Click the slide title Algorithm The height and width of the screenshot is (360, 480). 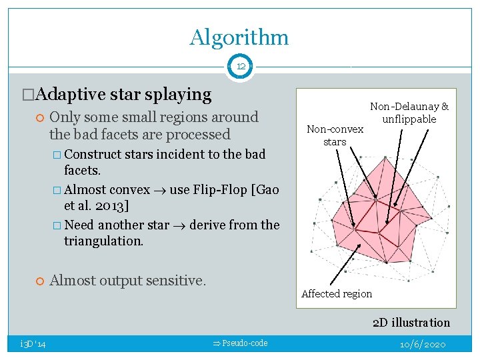coord(239,37)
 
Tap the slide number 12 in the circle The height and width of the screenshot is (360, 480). coord(240,67)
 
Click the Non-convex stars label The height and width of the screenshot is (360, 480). coord(335,135)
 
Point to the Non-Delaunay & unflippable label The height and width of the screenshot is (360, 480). coord(409,113)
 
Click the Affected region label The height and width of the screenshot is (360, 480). coord(337,294)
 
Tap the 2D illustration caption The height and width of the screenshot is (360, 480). coord(411,323)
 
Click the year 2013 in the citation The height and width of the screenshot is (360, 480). coord(120,205)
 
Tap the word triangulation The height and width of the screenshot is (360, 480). coord(103,241)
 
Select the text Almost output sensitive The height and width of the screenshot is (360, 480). coord(127,281)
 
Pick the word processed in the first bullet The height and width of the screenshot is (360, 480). coord(198,135)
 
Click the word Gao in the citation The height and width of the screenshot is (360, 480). coord(267,189)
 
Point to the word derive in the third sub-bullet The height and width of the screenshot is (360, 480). coord(209,225)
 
